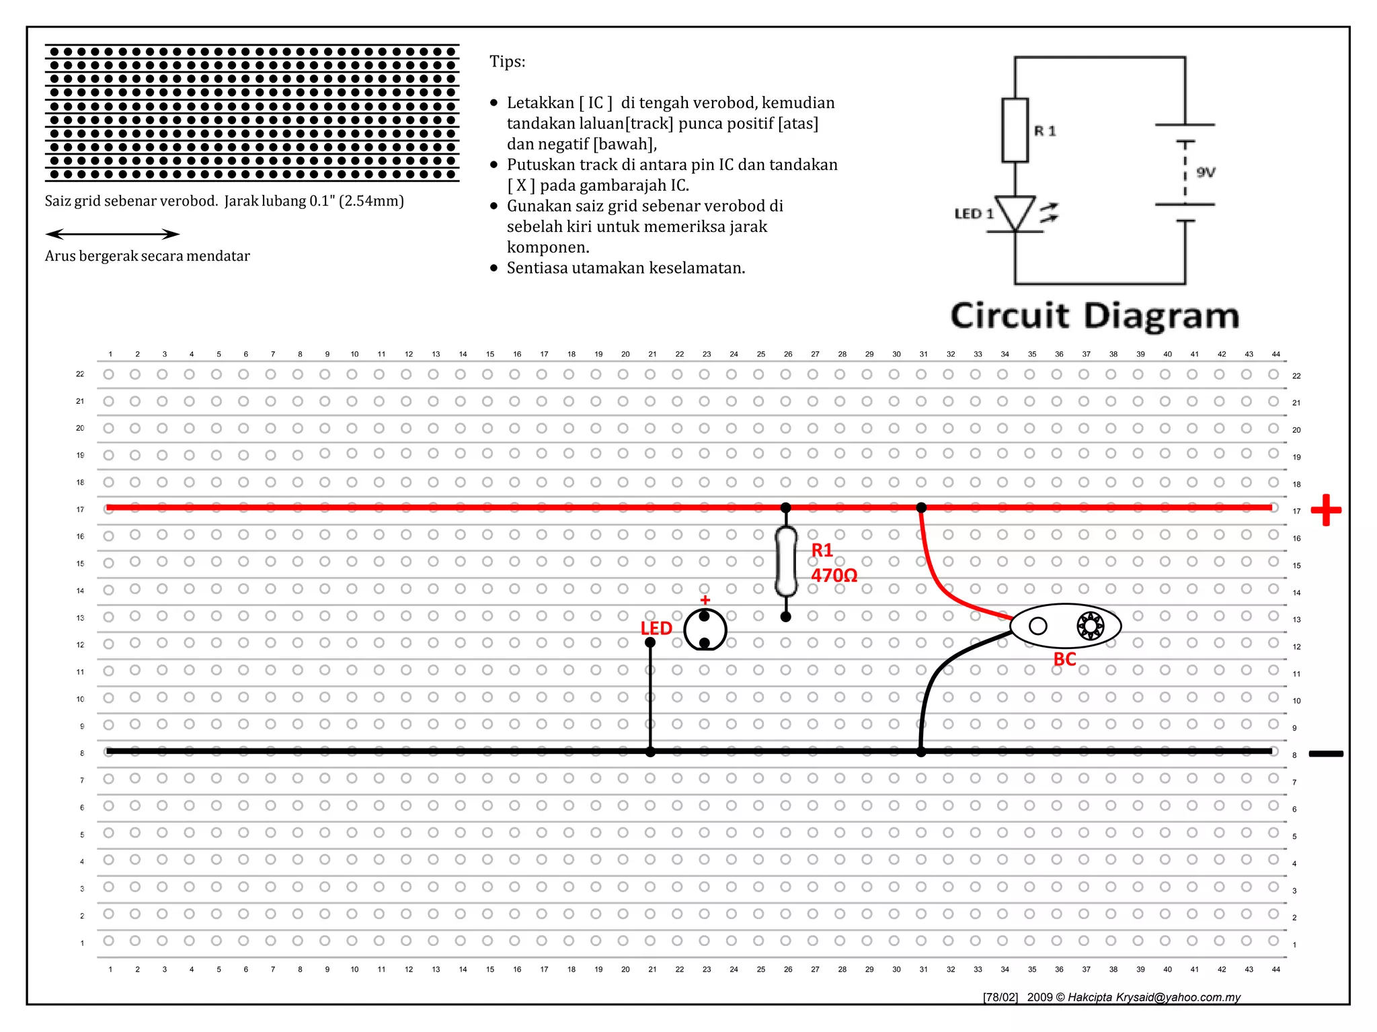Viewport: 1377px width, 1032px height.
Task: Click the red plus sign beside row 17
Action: [1326, 510]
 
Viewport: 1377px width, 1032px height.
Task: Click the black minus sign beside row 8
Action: [1326, 754]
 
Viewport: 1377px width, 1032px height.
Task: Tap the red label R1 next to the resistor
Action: [822, 550]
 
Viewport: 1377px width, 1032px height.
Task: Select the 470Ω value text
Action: [834, 576]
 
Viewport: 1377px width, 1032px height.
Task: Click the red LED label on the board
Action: [656, 628]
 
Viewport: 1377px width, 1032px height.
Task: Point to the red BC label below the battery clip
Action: [1064, 659]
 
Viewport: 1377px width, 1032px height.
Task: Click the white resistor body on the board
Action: [786, 562]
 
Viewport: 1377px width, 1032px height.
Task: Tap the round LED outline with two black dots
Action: [705, 630]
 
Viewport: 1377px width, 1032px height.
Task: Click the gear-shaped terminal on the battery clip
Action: [1090, 626]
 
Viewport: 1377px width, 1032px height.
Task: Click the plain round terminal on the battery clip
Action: [1038, 626]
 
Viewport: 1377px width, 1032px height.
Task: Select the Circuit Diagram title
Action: [1095, 316]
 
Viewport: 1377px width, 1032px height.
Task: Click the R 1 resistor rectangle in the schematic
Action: [1015, 130]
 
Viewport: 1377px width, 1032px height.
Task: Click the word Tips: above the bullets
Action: [508, 62]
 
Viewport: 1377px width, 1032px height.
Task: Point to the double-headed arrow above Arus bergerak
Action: [112, 234]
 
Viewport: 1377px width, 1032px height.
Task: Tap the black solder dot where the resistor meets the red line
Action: [786, 507]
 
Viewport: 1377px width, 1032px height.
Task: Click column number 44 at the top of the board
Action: [1275, 354]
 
